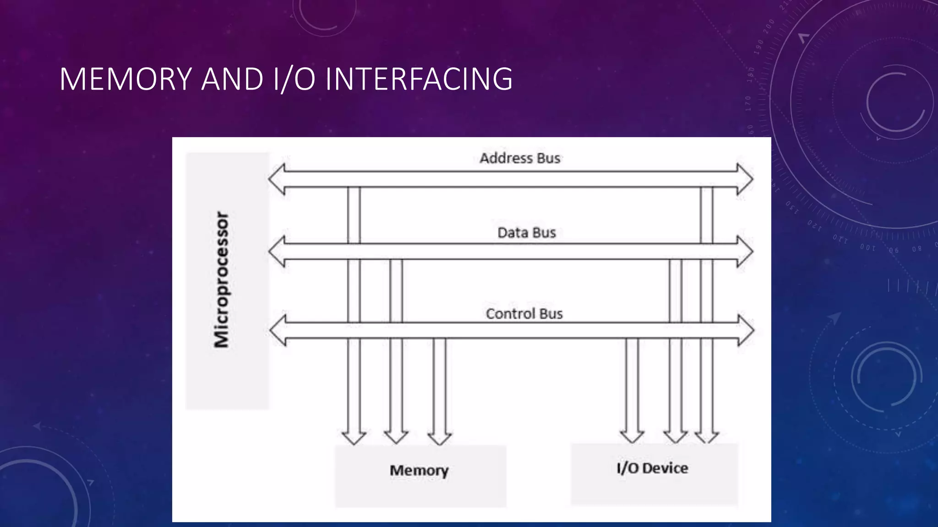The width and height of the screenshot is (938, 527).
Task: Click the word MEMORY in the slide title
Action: point(125,79)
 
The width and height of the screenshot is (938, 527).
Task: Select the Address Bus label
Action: point(520,158)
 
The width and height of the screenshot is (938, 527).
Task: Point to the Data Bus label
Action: point(526,233)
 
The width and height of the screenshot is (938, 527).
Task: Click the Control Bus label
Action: point(524,314)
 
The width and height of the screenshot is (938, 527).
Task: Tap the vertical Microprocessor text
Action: point(222,280)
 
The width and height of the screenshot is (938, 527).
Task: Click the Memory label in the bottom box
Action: point(419,470)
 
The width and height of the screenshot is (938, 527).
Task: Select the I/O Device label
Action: point(652,468)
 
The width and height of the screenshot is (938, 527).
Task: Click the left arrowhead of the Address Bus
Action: point(277,179)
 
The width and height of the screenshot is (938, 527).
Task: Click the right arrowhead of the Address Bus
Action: point(745,179)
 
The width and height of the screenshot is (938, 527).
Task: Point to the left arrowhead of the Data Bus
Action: point(277,252)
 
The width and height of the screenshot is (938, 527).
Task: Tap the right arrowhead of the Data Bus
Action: point(745,252)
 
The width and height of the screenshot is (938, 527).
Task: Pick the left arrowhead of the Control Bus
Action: point(278,330)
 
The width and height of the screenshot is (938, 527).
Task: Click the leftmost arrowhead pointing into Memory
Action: point(354,437)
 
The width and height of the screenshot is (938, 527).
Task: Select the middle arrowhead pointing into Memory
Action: point(396,437)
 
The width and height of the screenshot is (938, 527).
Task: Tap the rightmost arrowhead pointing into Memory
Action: point(439,437)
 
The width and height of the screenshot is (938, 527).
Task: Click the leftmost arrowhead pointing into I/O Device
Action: point(632,436)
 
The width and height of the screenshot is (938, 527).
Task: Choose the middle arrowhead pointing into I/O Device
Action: point(675,436)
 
